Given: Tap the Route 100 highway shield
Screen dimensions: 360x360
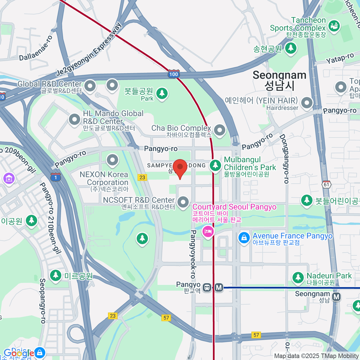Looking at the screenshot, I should [174, 74].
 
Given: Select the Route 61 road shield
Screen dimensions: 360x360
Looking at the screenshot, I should [326, 184].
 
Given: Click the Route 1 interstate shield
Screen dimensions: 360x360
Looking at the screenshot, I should [55, 177].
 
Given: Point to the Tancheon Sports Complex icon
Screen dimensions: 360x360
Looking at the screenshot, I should [334, 26].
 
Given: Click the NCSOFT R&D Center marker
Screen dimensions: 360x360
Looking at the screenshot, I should [183, 202].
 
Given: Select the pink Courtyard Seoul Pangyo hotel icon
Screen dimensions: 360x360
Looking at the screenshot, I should [208, 232].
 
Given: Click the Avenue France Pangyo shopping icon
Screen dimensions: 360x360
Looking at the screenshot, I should [244, 238].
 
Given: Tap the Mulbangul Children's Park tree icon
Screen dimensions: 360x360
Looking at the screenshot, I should [215, 165].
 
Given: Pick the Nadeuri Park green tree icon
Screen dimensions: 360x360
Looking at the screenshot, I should [298, 277].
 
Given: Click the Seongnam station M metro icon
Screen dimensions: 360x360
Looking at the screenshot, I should [337, 297].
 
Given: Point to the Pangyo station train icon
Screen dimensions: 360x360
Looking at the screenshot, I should [207, 287].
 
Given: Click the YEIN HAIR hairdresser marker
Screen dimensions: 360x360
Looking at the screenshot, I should [307, 103].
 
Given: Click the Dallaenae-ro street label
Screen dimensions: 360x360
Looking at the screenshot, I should [36, 48].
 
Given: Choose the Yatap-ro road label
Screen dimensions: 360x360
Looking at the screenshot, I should [340, 58].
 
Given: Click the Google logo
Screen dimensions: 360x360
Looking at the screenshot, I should [19, 353].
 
